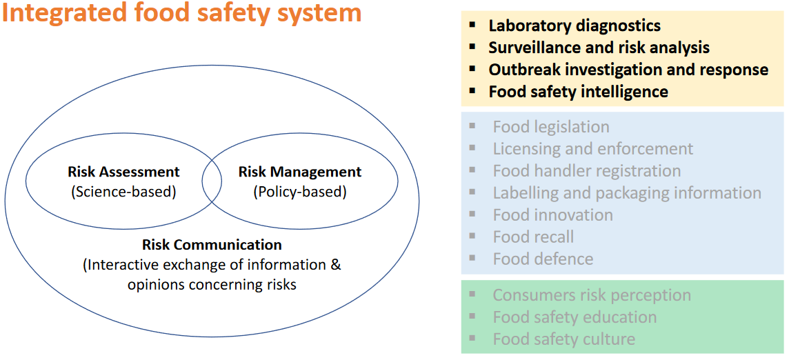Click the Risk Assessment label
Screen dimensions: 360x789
point(123,172)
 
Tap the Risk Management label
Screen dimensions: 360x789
point(300,172)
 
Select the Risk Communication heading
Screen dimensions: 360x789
point(212,245)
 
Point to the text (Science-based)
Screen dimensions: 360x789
point(123,192)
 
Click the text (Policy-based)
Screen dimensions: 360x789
point(300,192)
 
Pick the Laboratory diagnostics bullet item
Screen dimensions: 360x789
point(575,26)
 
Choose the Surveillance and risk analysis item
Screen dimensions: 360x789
point(599,48)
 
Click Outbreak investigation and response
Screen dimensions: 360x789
point(628,70)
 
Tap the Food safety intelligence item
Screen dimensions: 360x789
point(578,92)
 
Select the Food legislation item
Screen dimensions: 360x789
point(551,127)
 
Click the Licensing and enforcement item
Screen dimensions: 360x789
point(592,149)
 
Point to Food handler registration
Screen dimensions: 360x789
point(586,171)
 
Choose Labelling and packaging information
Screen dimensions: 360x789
point(627,193)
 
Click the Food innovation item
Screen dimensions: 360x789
point(552,215)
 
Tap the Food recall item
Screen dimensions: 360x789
point(533,237)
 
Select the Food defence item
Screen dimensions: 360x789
point(543,259)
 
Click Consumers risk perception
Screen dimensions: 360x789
point(591,295)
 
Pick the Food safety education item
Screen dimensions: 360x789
point(575,317)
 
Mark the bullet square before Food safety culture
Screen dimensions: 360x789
point(472,338)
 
